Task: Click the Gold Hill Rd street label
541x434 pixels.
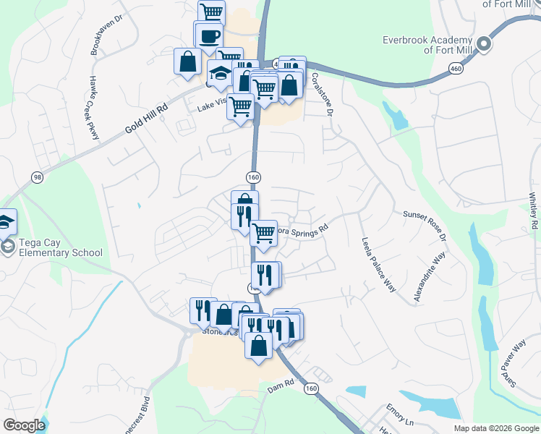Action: [145, 119]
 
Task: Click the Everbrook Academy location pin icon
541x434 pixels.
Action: [485, 45]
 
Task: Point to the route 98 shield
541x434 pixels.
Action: [36, 177]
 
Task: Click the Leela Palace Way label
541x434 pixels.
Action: [378, 263]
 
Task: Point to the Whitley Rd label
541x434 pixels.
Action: [533, 210]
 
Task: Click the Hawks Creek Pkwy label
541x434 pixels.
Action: [93, 101]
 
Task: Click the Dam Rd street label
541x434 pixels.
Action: [281, 386]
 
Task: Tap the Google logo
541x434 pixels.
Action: [24, 425]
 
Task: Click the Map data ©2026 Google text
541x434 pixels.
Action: [496, 428]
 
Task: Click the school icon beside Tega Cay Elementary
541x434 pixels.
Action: [6, 221]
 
